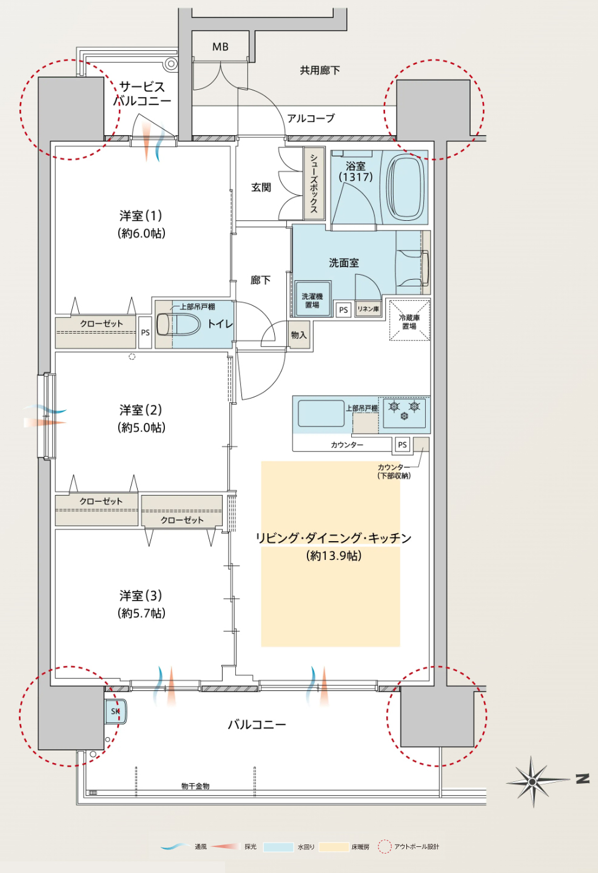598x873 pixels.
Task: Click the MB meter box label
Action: (x=220, y=47)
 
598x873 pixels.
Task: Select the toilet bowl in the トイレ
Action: (x=178, y=324)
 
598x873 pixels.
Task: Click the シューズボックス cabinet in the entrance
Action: (x=314, y=183)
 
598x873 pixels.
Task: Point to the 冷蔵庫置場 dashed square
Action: (x=409, y=320)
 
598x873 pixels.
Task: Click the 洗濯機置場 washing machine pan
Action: (x=312, y=299)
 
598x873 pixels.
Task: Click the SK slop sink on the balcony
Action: (x=116, y=711)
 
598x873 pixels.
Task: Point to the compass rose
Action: (x=532, y=781)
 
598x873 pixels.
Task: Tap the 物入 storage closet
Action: (x=299, y=335)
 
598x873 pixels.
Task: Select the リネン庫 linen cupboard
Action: (x=368, y=309)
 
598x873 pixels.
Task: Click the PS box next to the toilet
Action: (x=146, y=332)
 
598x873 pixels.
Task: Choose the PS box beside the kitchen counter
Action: (x=403, y=445)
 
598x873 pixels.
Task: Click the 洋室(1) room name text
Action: (x=141, y=215)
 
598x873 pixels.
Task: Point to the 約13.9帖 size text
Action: (x=334, y=555)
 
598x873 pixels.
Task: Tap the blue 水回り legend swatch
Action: (x=278, y=847)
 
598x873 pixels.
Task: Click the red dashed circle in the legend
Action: (x=385, y=846)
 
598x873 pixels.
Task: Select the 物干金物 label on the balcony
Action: (x=195, y=786)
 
